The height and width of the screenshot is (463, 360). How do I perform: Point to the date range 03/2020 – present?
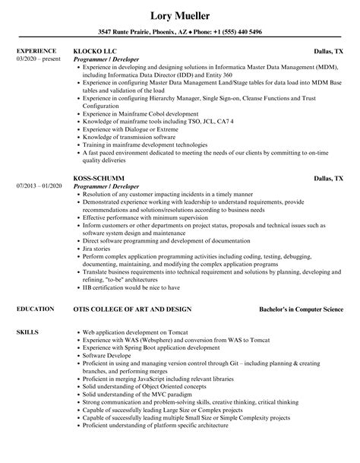[x=38, y=58]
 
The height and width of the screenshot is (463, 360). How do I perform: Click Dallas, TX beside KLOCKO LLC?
[x=329, y=51]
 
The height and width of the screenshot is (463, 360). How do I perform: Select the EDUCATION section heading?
[x=36, y=289]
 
